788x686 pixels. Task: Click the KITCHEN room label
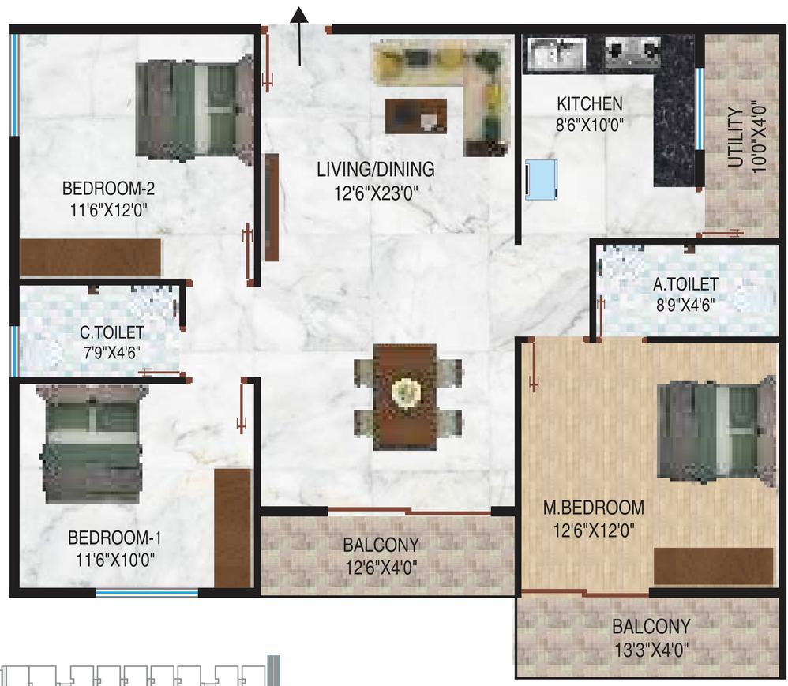(590, 103)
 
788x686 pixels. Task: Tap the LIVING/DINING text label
(375, 170)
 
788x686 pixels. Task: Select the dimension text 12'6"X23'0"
(376, 193)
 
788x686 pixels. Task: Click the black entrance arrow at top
(299, 36)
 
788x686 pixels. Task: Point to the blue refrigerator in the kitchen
(541, 179)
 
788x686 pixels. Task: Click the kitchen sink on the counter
(557, 52)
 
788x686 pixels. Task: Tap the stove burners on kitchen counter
(632, 51)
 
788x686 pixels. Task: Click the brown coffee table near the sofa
(415, 115)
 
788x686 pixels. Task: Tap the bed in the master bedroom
(717, 432)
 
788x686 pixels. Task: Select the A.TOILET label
(685, 284)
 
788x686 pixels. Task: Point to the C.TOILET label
(111, 332)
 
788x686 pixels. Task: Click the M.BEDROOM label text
(594, 508)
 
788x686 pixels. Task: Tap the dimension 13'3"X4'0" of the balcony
(651, 650)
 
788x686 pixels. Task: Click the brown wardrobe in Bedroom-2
(91, 257)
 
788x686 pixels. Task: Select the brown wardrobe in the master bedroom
(713, 566)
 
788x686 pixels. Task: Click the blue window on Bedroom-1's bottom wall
(147, 593)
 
